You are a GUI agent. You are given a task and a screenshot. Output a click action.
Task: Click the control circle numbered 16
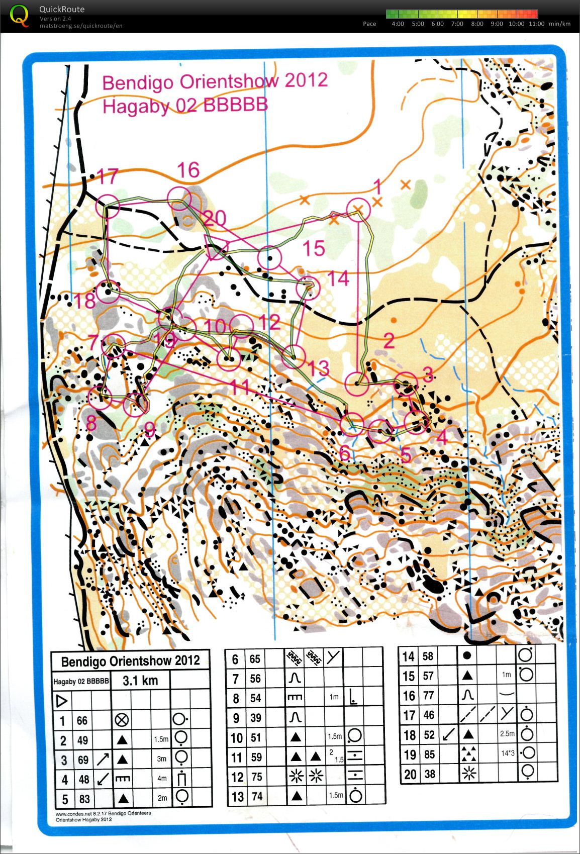179,198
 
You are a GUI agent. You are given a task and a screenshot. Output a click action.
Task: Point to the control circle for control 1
358,209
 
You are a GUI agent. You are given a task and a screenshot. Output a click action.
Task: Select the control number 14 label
338,278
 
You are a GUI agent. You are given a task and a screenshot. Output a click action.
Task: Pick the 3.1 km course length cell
140,681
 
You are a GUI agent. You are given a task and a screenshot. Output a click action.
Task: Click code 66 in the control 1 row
82,720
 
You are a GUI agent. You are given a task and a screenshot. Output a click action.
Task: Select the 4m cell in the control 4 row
162,779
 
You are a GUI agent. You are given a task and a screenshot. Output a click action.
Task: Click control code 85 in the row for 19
429,754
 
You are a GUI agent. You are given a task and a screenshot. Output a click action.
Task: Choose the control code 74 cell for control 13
256,796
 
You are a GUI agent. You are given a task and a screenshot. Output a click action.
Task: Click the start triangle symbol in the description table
62,701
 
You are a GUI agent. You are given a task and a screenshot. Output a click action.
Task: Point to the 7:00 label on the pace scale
457,24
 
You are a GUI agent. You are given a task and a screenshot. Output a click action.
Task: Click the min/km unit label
559,24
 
